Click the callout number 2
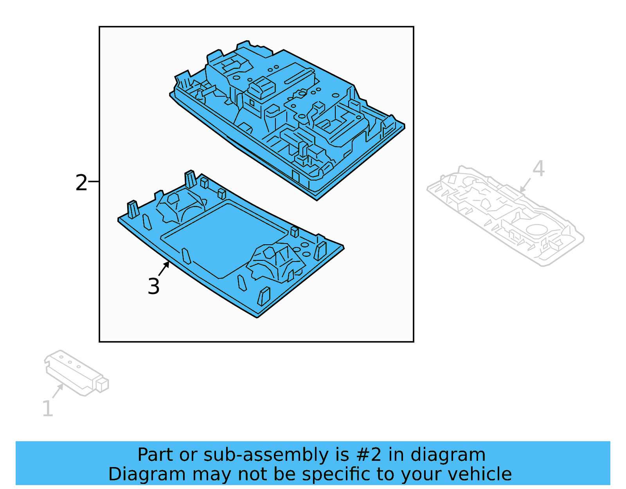pos(81,183)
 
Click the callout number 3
pos(154,286)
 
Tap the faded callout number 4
pos(539,169)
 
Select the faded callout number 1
pos(47,409)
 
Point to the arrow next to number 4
pos(525,185)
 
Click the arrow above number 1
pos(58,390)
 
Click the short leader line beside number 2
pos(94,182)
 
